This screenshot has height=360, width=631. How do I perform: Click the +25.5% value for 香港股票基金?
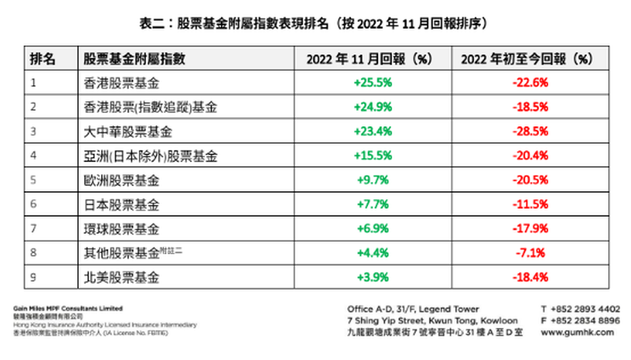tap(373, 83)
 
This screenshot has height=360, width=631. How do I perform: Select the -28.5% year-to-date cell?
tap(530, 131)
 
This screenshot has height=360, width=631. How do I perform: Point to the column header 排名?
tap(43, 58)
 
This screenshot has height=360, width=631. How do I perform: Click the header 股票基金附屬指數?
tap(135, 58)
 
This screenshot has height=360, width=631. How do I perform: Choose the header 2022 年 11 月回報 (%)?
tap(373, 58)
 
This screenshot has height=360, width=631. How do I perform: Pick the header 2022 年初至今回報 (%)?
tap(530, 58)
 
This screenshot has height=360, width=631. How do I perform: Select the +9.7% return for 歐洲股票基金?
tap(373, 180)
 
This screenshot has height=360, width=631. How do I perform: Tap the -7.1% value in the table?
tap(530, 253)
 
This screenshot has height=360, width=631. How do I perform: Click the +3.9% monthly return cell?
tap(373, 277)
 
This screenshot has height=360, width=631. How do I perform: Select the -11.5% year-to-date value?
tap(530, 204)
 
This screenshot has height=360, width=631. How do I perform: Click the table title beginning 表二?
tap(315, 23)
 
